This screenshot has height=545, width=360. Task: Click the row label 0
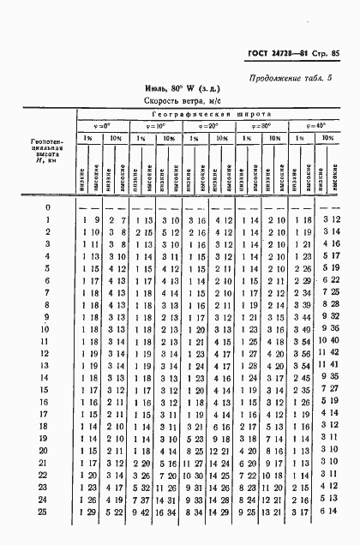tap(48, 207)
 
